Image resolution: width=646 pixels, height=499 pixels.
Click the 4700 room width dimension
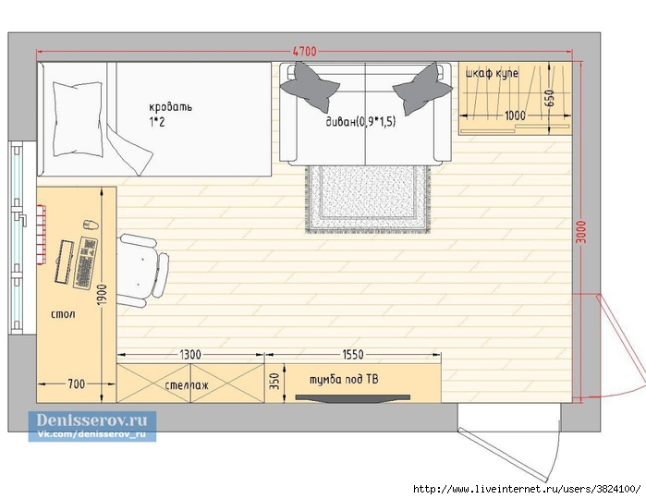click(305, 52)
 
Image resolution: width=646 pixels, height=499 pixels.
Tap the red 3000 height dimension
click(581, 232)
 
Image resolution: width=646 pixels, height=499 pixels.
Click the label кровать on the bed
click(171, 107)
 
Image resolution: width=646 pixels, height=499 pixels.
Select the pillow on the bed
click(78, 119)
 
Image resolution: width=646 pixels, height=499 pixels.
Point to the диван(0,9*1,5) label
click(361, 122)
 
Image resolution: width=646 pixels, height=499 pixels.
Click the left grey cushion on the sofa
click(309, 88)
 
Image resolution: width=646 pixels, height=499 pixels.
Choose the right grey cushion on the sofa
click(421, 89)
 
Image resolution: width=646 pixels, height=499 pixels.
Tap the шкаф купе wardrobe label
click(492, 74)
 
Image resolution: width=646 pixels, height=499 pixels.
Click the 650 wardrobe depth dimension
click(550, 98)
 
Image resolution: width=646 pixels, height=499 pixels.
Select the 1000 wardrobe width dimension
click(515, 116)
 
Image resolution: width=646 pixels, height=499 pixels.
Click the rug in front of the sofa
click(368, 199)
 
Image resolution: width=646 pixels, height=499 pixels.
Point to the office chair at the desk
click(142, 270)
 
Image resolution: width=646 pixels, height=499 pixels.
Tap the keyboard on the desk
click(86, 262)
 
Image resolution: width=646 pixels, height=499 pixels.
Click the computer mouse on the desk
click(91, 225)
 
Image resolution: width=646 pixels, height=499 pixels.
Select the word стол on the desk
click(63, 314)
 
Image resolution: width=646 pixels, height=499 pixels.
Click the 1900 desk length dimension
click(102, 295)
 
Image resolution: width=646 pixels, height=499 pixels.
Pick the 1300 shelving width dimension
click(190, 354)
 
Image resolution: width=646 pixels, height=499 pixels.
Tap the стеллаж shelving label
click(186, 385)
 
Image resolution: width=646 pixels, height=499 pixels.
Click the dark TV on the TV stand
click(353, 398)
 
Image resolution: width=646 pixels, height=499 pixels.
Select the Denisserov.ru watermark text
click(91, 420)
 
